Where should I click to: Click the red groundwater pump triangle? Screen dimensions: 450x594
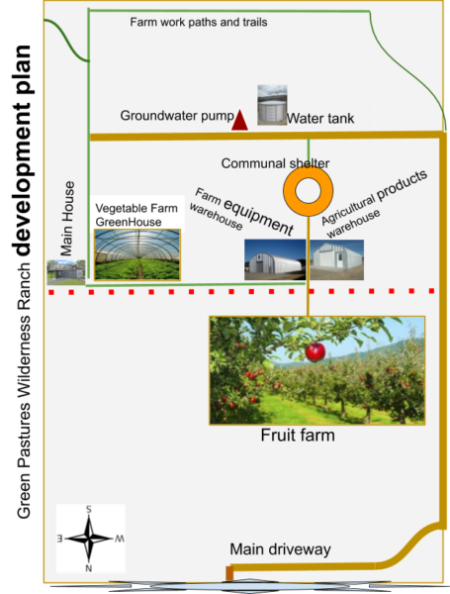tap(239, 120)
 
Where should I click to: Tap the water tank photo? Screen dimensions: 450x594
tap(272, 105)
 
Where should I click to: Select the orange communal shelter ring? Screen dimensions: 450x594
tap(308, 191)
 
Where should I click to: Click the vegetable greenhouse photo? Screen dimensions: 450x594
tap(137, 254)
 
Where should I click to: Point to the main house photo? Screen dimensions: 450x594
tap(66, 272)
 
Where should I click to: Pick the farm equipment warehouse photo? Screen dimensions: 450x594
tap(275, 259)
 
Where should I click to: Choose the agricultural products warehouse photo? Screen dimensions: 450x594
tap(337, 259)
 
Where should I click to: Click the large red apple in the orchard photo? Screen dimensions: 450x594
tap(315, 351)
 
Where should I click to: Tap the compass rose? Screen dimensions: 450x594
tap(90, 539)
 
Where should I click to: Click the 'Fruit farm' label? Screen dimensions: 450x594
tap(298, 435)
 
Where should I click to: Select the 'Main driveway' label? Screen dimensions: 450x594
tap(281, 548)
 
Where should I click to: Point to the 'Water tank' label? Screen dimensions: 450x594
tap(320, 118)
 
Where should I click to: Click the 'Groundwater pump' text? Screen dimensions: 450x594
tap(177, 116)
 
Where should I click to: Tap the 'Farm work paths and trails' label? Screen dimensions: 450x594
tap(199, 22)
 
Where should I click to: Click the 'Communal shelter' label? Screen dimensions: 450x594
tap(275, 163)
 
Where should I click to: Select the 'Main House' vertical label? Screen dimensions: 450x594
tap(67, 219)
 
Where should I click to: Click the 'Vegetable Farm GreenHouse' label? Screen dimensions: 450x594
tap(136, 215)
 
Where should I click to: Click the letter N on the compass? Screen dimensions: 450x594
tap(89, 568)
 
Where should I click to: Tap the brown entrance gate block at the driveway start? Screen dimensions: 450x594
tap(229, 573)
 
